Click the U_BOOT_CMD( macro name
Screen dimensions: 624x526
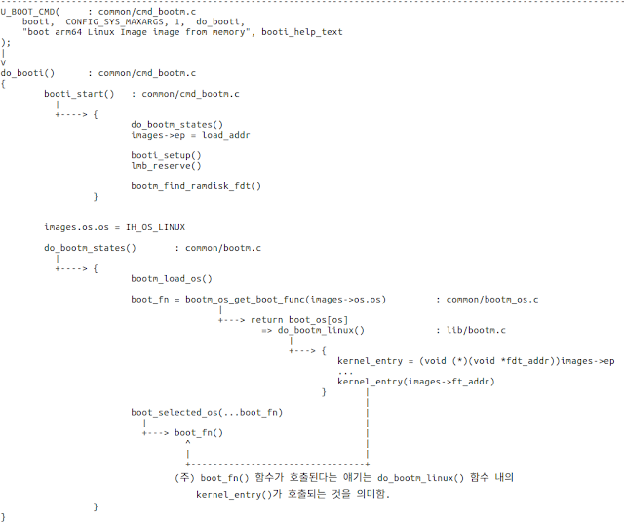coord(30,11)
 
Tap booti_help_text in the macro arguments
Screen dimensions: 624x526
coord(302,32)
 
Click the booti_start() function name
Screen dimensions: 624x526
coord(78,93)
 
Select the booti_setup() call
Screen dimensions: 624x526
coord(166,155)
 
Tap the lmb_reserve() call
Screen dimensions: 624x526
coord(166,166)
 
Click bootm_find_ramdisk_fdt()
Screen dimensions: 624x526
coord(196,186)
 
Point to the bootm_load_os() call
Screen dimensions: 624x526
coord(172,278)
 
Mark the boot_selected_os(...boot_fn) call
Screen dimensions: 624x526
coord(206,412)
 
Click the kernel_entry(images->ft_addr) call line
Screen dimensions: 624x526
coord(415,382)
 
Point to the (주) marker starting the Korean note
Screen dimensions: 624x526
coord(184,477)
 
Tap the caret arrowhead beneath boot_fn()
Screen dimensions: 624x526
coord(186,443)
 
